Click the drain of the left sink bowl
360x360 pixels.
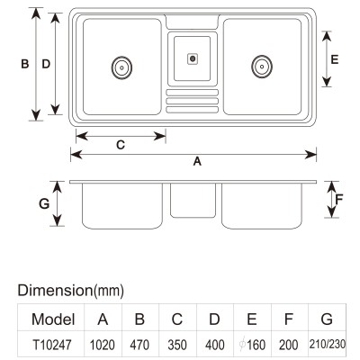pos(121,67)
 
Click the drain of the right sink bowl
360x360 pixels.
pos(262,67)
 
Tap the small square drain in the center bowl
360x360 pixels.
pos(193,58)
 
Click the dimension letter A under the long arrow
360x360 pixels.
pos(197,161)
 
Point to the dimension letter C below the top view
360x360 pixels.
pos(121,145)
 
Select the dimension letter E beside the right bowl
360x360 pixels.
pos(335,59)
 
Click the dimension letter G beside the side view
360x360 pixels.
pos(44,204)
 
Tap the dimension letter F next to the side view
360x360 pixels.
pos(339,199)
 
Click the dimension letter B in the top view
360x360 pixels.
pos(25,64)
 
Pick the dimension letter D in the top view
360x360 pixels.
pos(46,64)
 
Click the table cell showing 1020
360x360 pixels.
pos(103,345)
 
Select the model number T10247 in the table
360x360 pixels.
pos(52,345)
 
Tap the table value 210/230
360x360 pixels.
pos(328,344)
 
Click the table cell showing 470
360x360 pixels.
pos(139,345)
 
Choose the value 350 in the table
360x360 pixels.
pos(177,345)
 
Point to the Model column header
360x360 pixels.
pos(53,319)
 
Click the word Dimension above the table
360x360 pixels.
pos(56,291)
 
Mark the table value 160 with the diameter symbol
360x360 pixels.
pos(252,345)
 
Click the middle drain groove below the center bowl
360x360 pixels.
pos(193,101)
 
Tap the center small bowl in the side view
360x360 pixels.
pos(193,200)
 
